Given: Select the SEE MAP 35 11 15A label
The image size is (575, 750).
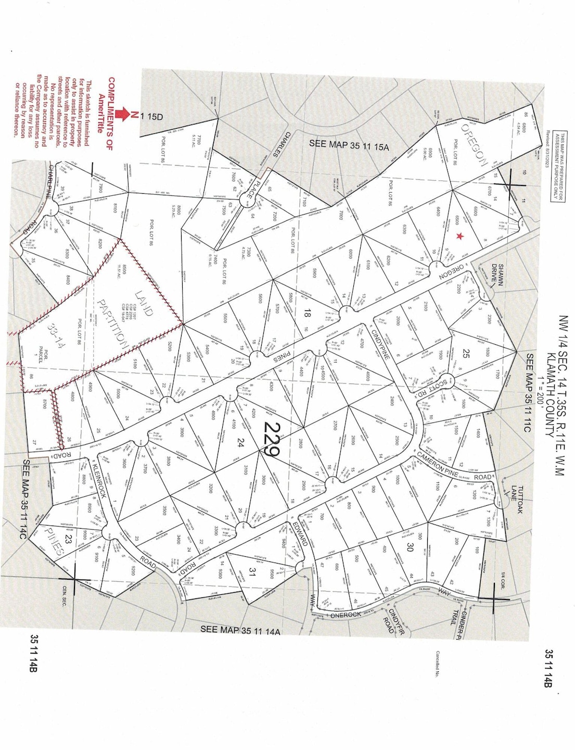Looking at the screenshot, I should click(349, 145).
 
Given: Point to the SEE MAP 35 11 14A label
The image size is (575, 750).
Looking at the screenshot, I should click(240, 630).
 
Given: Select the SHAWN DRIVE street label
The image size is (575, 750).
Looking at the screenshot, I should click(498, 273).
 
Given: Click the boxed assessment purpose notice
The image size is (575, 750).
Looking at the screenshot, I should click(559, 167).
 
